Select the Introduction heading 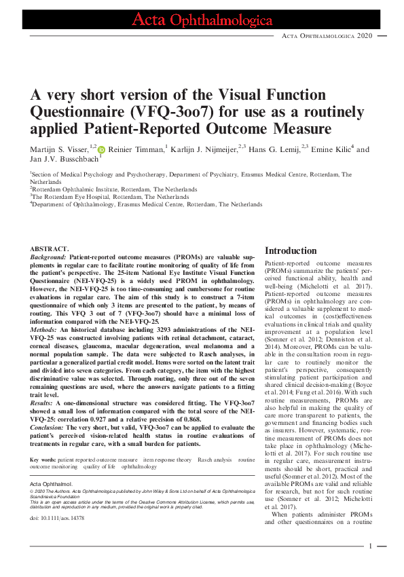point(291,250)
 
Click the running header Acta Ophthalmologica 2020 point(328,35)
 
